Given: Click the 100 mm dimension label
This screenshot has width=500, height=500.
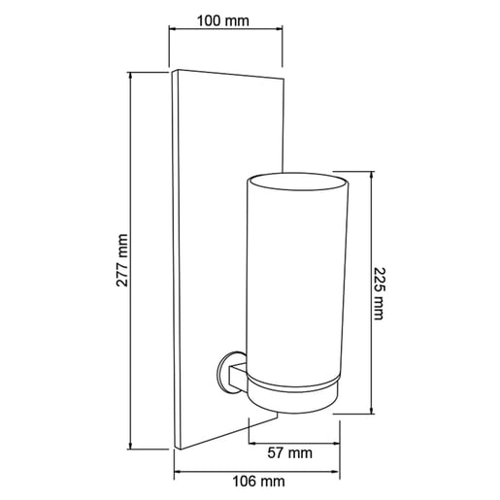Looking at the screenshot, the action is tap(223, 21).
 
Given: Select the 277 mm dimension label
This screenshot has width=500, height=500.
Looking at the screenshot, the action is tap(122, 260).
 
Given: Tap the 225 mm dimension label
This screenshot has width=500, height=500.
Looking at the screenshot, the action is tap(379, 293).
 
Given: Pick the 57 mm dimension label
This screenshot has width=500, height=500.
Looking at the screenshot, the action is tap(290, 452).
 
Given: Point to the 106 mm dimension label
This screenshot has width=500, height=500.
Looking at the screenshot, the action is tap(259, 482).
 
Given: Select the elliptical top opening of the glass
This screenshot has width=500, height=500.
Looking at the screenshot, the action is tap(298, 182).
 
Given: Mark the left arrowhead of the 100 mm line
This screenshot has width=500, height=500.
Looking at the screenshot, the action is tap(173, 29).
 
